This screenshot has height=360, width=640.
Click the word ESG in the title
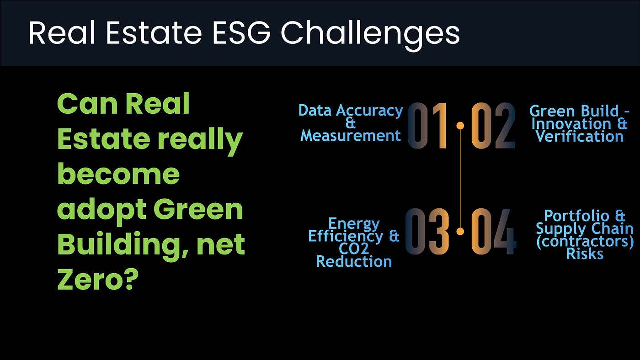coord(241,32)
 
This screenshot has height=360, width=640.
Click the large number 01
coord(428,126)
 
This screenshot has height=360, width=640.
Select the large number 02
coord(493,126)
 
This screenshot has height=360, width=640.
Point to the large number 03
coord(427,231)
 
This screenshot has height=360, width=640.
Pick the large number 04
coord(494,231)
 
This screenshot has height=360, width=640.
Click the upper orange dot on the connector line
coord(460,126)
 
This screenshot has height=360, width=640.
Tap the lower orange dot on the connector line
coord(460,231)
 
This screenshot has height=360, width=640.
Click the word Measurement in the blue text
coord(351,136)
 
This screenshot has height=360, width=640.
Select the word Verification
coord(580,137)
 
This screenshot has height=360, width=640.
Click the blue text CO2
coord(354,249)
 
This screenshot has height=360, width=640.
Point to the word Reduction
coord(354,261)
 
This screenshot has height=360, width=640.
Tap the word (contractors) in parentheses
coord(585,242)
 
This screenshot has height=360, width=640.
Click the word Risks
coord(585,254)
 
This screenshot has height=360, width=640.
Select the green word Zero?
coord(98,279)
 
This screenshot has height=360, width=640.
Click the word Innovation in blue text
coord(571,124)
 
